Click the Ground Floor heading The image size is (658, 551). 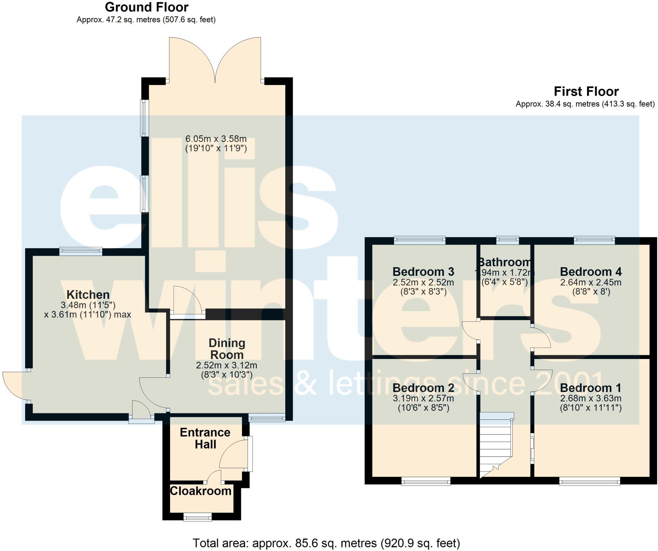[x=147, y=7]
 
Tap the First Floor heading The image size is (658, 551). [x=586, y=92]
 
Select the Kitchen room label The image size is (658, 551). [x=88, y=294]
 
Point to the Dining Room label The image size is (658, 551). [x=227, y=349]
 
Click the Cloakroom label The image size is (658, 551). [x=200, y=491]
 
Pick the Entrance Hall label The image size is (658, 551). [x=205, y=438]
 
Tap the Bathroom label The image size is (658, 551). [x=504, y=262]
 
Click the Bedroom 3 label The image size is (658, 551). [x=423, y=272]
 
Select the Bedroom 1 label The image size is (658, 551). [x=590, y=388]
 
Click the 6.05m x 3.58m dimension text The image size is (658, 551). [x=216, y=139]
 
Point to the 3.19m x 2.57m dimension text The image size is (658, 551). [x=423, y=398]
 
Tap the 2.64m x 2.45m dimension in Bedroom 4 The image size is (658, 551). [x=591, y=283]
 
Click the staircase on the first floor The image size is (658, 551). [x=495, y=446]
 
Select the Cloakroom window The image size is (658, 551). [x=198, y=517]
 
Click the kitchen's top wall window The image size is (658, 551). [x=81, y=251]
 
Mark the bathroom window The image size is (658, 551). [x=507, y=240]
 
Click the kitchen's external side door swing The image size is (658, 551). [x=14, y=385]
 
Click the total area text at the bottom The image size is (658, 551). [x=326, y=543]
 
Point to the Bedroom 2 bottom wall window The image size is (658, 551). [x=426, y=481]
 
